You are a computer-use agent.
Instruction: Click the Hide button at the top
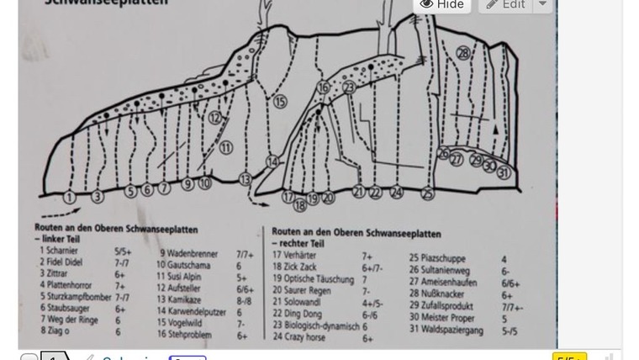click(x=441, y=5)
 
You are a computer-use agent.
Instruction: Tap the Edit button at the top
click(x=505, y=5)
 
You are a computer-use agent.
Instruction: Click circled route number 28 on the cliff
click(x=463, y=53)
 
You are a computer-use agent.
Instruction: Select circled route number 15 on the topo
click(x=280, y=102)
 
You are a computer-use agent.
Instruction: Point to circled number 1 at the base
click(x=70, y=197)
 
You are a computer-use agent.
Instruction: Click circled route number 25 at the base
click(x=427, y=193)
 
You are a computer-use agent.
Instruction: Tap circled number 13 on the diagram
click(x=245, y=179)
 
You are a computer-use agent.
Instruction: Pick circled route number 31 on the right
click(x=503, y=173)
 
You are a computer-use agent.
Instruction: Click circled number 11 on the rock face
click(x=225, y=148)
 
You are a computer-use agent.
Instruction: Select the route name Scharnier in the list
click(x=63, y=251)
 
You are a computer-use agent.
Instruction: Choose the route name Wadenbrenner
click(x=192, y=254)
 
